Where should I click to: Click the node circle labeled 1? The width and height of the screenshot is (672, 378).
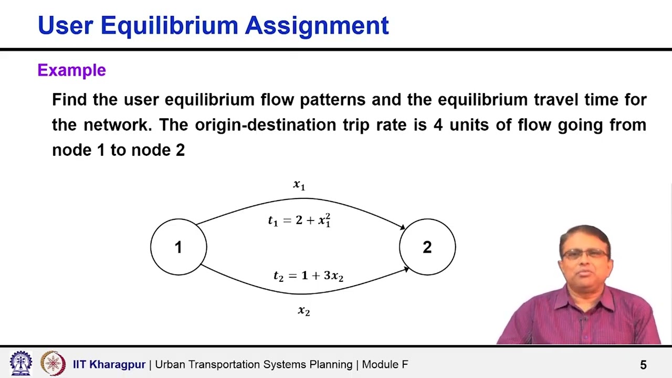pyautogui.click(x=178, y=247)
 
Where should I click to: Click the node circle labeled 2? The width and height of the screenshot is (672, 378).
pyautogui.click(x=427, y=247)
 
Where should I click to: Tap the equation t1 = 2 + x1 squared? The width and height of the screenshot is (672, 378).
pyautogui.click(x=299, y=220)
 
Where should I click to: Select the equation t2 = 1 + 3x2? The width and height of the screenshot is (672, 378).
pyautogui.click(x=308, y=276)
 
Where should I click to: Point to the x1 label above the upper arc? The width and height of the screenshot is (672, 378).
pyautogui.click(x=299, y=184)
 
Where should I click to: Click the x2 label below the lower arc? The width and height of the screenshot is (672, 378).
pyautogui.click(x=304, y=311)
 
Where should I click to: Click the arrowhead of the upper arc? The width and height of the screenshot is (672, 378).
pyautogui.click(x=402, y=227)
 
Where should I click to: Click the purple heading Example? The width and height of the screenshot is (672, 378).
pyautogui.click(x=72, y=70)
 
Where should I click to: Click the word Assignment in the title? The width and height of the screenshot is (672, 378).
pyautogui.click(x=317, y=26)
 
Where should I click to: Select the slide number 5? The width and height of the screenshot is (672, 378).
pyautogui.click(x=643, y=365)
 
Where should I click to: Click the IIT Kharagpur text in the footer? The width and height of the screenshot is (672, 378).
pyautogui.click(x=109, y=364)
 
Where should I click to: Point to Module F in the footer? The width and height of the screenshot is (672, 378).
pyautogui.click(x=385, y=364)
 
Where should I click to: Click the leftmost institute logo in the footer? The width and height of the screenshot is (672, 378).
pyautogui.click(x=21, y=363)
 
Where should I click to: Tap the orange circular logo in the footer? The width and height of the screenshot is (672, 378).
pyautogui.click(x=53, y=363)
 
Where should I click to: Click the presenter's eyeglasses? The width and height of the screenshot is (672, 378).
pyautogui.click(x=584, y=255)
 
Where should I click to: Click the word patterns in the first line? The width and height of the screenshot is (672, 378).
pyautogui.click(x=332, y=100)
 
